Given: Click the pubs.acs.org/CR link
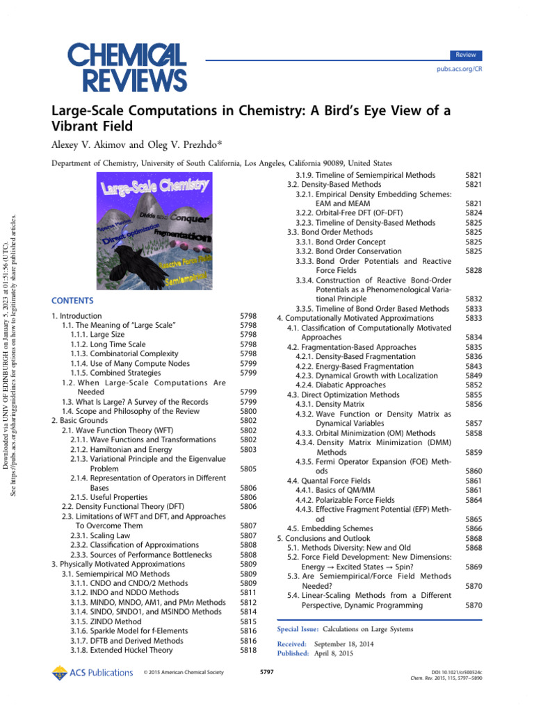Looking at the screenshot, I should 459,71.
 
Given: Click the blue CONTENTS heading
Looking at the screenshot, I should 72,301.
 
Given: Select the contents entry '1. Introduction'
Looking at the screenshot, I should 76,316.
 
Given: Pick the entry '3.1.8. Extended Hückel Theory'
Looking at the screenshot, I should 122,651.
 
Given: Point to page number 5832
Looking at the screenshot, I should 474,299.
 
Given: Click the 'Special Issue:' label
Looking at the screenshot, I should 298,629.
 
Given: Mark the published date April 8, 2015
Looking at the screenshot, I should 334,653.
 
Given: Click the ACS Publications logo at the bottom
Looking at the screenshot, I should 92,672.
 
